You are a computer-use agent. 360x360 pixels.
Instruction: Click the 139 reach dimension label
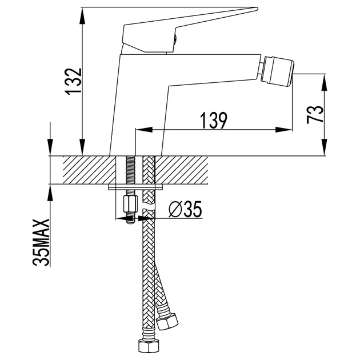point(214,121)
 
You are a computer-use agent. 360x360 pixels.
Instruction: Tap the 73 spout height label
point(315,114)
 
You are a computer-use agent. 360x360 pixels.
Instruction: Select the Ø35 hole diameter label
point(185,209)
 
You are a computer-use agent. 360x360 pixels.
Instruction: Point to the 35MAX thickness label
point(41,242)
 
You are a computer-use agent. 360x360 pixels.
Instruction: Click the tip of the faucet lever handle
point(257,9)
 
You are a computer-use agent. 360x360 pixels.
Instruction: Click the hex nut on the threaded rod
point(130,203)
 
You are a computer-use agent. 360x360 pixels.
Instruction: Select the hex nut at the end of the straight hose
point(149,346)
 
